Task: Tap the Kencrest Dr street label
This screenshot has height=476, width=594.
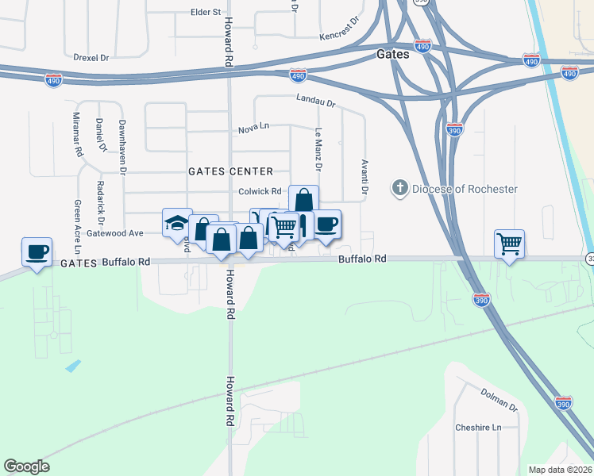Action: point(339,36)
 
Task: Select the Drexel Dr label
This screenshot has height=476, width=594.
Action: point(91,58)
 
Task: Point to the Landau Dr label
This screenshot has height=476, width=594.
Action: point(316,102)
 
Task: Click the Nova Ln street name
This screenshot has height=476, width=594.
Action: point(254,129)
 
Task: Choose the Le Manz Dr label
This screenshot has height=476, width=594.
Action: point(318,150)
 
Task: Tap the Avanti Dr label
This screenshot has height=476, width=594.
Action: point(365,175)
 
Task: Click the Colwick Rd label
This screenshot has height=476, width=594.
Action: point(260,191)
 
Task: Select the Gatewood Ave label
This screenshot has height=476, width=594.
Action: point(114,232)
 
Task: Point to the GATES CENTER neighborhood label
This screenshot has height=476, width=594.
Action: point(230,171)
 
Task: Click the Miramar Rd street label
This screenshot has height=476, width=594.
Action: point(77,133)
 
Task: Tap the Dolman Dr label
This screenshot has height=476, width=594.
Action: point(499,399)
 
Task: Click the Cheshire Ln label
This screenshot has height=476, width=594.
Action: point(479,428)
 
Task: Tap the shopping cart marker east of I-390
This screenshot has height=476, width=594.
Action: point(509,244)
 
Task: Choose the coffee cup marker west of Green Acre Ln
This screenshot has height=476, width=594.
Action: point(37,251)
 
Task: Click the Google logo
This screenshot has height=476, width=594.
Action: point(26,466)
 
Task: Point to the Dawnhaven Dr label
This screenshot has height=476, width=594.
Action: point(123,142)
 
